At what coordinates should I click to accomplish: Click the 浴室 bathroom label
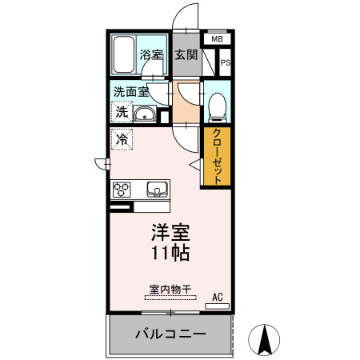[x=152, y=55]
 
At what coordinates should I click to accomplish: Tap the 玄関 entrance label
[x=186, y=55]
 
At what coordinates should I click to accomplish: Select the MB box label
[x=218, y=38]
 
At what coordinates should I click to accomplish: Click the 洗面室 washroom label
[x=130, y=92]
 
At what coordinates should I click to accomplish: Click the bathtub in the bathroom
[x=123, y=54]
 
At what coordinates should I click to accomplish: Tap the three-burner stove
[x=122, y=190]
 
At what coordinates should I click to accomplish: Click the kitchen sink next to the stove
[x=157, y=190]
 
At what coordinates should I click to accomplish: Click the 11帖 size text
[x=170, y=255]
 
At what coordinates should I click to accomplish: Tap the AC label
[x=217, y=297]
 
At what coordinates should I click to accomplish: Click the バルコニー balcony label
[x=170, y=334]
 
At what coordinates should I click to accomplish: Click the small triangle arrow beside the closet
[x=194, y=164]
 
